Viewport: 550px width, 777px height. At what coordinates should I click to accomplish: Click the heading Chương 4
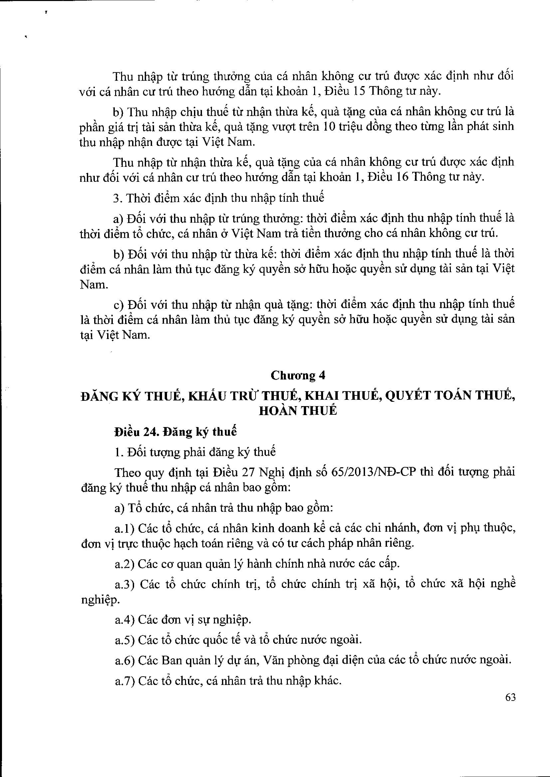[298, 376]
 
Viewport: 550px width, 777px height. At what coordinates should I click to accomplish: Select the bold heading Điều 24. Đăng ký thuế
[176, 432]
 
